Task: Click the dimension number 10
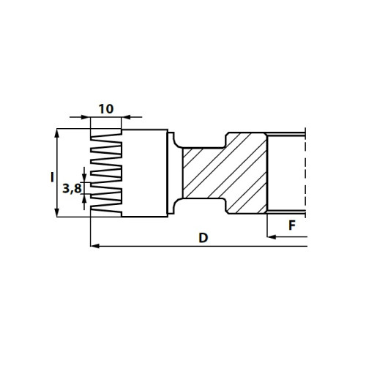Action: pos(106,109)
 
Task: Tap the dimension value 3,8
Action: pos(72,189)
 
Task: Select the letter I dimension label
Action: pos(52,177)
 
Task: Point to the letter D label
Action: pos(203,238)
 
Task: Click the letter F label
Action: pos(292,225)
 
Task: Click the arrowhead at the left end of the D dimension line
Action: pos(94,246)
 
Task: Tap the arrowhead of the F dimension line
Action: pos(272,236)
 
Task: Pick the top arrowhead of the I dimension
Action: pos(57,133)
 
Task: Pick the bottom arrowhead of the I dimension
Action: pos(57,212)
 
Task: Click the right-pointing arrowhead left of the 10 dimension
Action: pos(86,117)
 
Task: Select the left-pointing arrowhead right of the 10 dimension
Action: pos(126,117)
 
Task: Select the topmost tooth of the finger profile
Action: pos(106,138)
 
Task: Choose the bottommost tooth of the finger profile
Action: pos(106,211)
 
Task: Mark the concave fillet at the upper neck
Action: pos(178,141)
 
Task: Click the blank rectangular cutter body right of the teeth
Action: pos(144,173)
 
